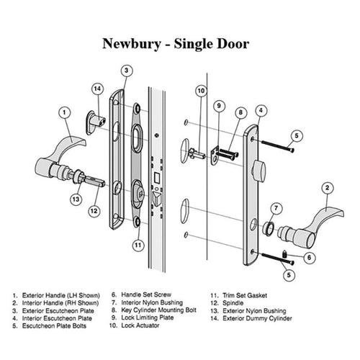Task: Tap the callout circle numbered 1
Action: pyautogui.click(x=66, y=112)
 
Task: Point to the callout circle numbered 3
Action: pyautogui.click(x=126, y=71)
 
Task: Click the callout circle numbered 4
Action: pyautogui.click(x=261, y=112)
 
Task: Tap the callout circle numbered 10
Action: pyautogui.click(x=201, y=91)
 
